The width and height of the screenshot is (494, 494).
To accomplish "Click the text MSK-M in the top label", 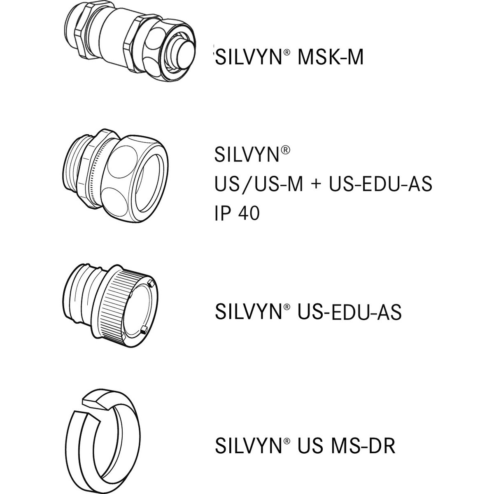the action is tap(331, 57).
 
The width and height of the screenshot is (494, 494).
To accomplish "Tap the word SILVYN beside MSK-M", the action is tap(249, 57).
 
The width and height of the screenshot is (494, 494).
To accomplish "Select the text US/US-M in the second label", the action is tap(259, 184).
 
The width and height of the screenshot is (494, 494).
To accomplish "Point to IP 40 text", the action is tap(237, 213).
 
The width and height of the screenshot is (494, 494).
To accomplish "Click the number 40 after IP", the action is tap(249, 213).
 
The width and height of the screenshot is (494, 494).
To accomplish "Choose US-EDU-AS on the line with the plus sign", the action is tap(380, 184).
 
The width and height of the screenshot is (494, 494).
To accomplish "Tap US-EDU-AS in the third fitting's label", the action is tap(350, 312).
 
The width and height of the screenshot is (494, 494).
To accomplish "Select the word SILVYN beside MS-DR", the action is tap(249, 439).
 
